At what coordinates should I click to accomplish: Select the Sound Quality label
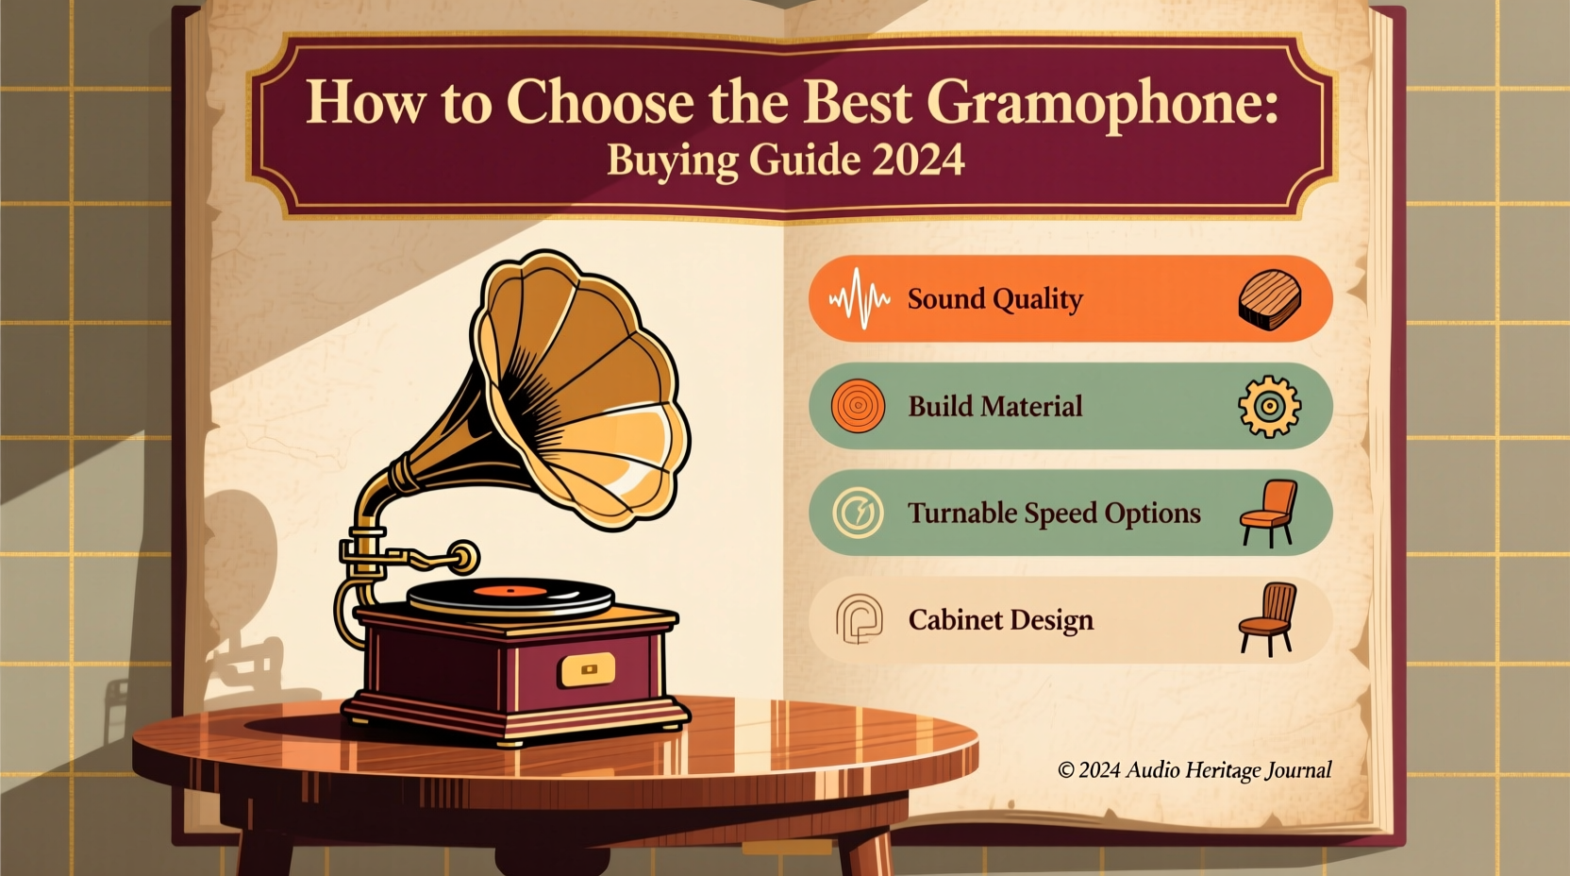[994, 299]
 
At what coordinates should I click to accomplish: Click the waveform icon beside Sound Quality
[859, 299]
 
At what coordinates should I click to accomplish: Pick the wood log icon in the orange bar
[1269, 299]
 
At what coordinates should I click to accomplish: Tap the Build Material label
[994, 407]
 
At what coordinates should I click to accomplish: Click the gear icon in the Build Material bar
[1269, 407]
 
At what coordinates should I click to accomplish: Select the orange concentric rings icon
[858, 407]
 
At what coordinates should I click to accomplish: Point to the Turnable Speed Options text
[1053, 514]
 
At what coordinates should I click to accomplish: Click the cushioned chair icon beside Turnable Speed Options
[1268, 513]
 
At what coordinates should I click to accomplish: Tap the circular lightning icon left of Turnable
[858, 514]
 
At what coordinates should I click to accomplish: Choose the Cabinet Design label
[1000, 620]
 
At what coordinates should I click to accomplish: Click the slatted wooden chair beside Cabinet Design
[1268, 618]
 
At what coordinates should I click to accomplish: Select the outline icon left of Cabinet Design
[859, 619]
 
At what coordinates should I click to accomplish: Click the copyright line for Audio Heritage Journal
[1194, 770]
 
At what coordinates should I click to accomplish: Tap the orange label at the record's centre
[509, 592]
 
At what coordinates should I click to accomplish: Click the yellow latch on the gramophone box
[588, 669]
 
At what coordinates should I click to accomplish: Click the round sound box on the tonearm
[463, 557]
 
